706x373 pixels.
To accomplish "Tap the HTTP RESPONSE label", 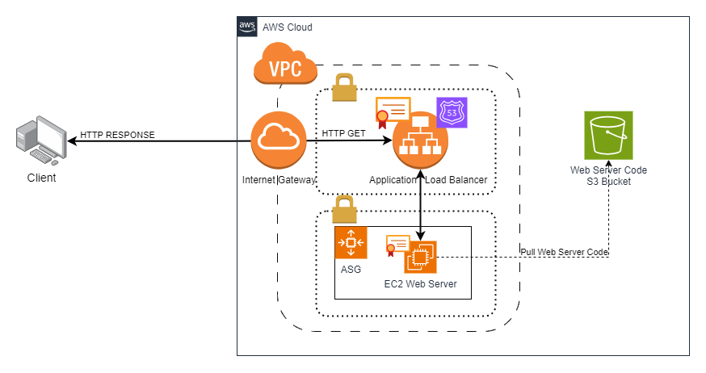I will (x=117, y=134).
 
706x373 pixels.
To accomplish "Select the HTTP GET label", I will (x=344, y=133).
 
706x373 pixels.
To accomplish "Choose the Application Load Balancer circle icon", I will (x=420, y=143).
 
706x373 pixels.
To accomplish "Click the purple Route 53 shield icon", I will (x=452, y=113).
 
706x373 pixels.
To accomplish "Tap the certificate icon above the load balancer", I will (x=393, y=112).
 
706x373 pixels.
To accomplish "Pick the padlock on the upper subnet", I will (x=345, y=87).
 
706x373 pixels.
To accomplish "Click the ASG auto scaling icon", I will (x=351, y=242).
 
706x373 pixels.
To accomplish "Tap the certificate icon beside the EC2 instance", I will (x=397, y=244).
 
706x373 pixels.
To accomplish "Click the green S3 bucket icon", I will (x=608, y=134).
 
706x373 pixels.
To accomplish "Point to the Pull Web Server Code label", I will (x=564, y=253).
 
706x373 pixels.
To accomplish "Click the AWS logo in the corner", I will (x=247, y=27).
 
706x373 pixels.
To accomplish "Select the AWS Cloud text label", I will (x=288, y=27).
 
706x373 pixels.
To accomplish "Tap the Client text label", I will (x=42, y=178).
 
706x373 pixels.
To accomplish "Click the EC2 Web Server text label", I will (x=420, y=283).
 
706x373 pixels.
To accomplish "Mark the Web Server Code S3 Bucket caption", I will (x=608, y=176).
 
